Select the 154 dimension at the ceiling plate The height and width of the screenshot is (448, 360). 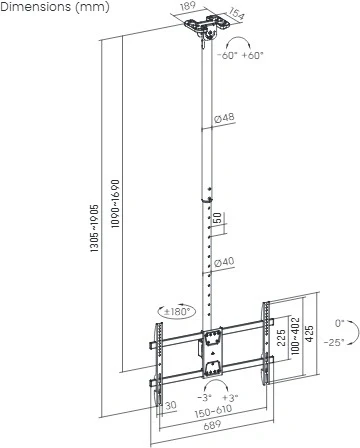tap(238, 15)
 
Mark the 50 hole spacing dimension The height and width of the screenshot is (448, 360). tap(217, 218)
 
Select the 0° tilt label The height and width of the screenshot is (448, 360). tap(340, 324)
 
